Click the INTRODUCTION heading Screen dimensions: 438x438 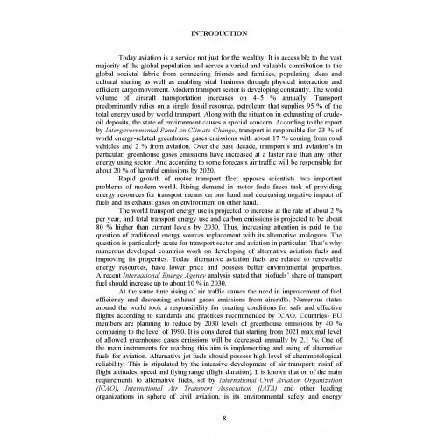coord(219,34)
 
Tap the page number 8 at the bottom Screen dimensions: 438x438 coord(219,420)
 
